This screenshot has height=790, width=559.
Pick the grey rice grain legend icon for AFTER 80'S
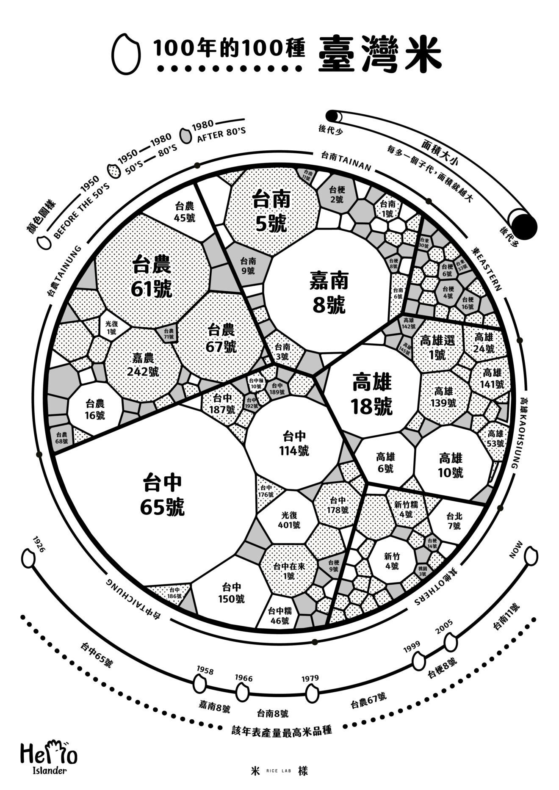point(185,135)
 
